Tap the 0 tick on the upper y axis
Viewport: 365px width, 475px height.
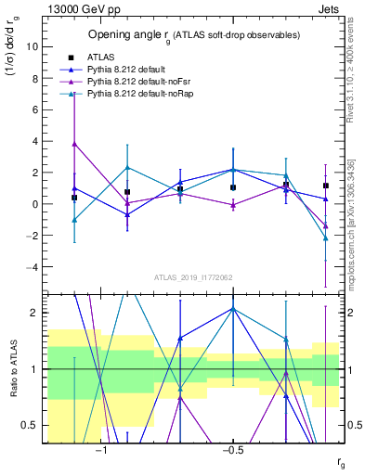(x=34, y=204)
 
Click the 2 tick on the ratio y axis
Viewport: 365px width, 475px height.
(x=34, y=313)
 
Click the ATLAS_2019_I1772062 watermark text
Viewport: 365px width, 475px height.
(x=192, y=277)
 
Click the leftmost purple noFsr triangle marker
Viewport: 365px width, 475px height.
(x=74, y=144)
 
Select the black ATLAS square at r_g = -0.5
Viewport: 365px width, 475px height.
(x=233, y=187)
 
